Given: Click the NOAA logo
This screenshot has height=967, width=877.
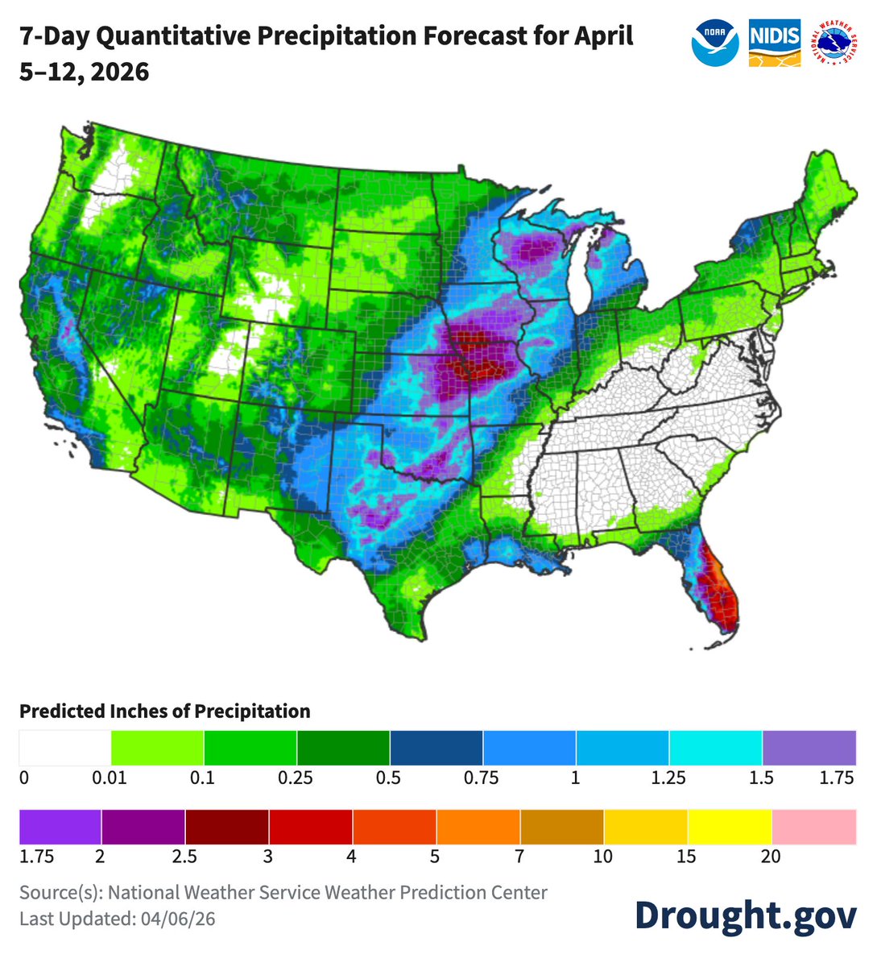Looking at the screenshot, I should (x=714, y=43).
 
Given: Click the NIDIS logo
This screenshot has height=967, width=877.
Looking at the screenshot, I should (x=774, y=43).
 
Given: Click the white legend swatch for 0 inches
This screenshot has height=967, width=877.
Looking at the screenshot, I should (x=64, y=748).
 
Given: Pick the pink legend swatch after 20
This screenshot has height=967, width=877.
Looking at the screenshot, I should (x=813, y=826).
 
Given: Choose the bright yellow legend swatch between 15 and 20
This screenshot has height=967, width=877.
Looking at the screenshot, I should (x=730, y=826).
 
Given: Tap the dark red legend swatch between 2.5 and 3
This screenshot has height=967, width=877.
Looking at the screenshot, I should (x=226, y=826).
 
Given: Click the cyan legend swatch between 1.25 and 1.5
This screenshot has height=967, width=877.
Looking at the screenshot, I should (x=715, y=748).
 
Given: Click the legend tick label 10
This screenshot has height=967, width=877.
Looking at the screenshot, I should (x=602, y=857).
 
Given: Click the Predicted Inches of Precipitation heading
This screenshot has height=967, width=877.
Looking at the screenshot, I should (x=165, y=712).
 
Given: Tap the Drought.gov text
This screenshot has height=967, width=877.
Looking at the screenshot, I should (x=745, y=915).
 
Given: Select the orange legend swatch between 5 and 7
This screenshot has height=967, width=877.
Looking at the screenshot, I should (x=478, y=826).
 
